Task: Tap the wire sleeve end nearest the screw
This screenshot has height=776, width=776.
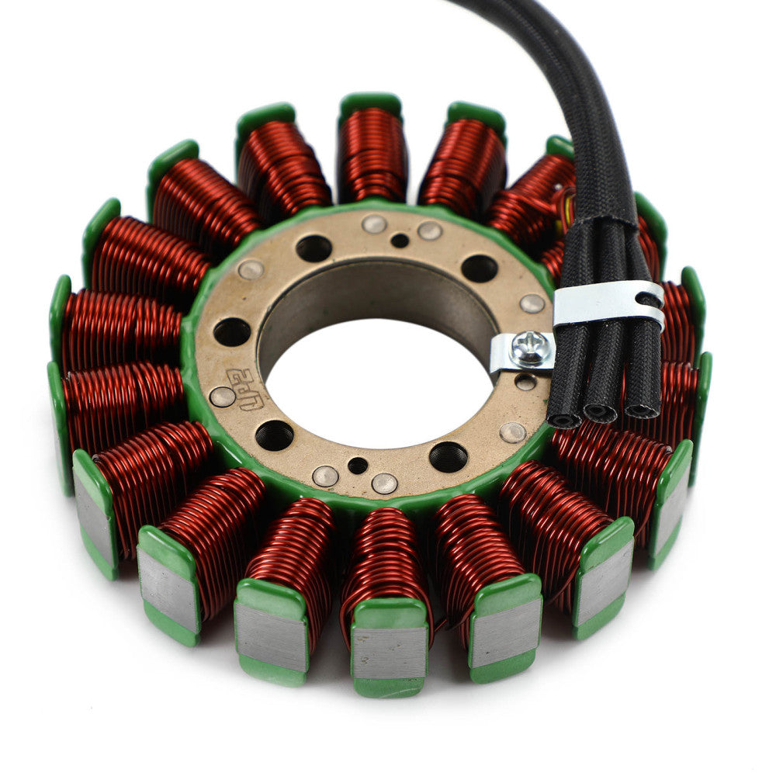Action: [x=564, y=419]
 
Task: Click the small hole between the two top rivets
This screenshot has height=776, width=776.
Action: [x=400, y=241]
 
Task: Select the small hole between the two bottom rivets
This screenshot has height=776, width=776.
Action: [x=358, y=466]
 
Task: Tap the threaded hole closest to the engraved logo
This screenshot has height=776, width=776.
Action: [x=274, y=435]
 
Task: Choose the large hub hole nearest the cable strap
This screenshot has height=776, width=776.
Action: [x=479, y=268]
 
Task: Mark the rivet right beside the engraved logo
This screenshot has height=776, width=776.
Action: [x=223, y=397]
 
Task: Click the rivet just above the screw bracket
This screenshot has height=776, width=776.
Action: [x=532, y=303]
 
